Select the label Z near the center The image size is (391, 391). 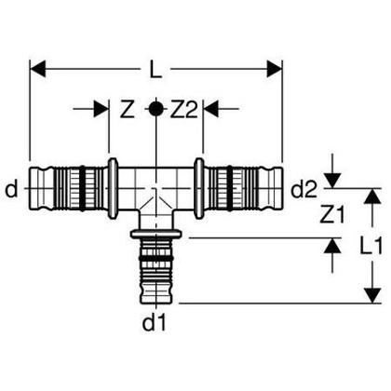[x=128, y=109]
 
